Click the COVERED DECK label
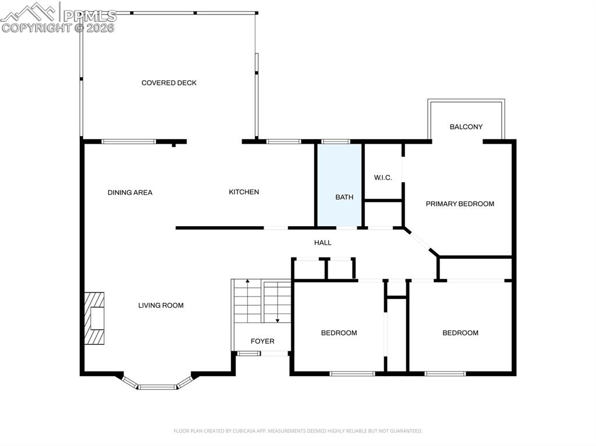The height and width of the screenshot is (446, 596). pyautogui.click(x=169, y=83)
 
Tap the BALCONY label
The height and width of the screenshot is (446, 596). pyautogui.click(x=466, y=127)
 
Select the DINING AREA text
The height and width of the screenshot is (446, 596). pyautogui.click(x=130, y=192)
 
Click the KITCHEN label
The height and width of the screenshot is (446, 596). pyautogui.click(x=243, y=192)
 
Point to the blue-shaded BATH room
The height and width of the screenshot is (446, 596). pyautogui.click(x=339, y=186)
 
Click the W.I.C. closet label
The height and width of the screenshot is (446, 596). pyautogui.click(x=382, y=177)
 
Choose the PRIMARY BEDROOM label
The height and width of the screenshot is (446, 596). pyautogui.click(x=460, y=204)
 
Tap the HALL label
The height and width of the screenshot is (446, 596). pyautogui.click(x=322, y=242)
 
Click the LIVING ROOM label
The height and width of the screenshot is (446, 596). pyautogui.click(x=161, y=305)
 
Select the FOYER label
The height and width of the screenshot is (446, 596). pyautogui.click(x=262, y=341)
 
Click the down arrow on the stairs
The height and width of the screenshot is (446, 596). pyautogui.click(x=278, y=319)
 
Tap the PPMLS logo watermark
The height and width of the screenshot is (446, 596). pyautogui.click(x=58, y=17)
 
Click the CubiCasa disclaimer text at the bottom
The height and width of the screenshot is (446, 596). pyautogui.click(x=297, y=431)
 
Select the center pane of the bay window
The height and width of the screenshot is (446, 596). pyautogui.click(x=157, y=387)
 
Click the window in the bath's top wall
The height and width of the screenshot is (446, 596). pyautogui.click(x=336, y=141)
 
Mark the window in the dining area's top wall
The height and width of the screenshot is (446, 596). pyautogui.click(x=129, y=141)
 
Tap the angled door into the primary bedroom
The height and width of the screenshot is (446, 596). pyautogui.click(x=417, y=240)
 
